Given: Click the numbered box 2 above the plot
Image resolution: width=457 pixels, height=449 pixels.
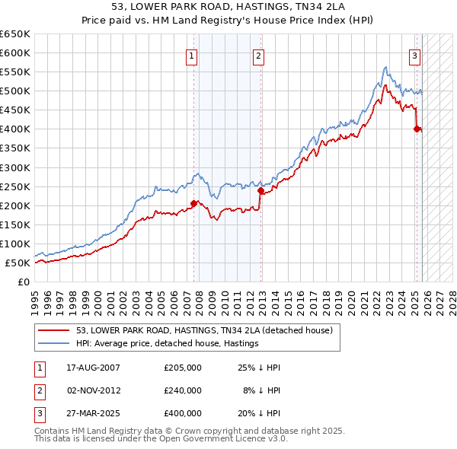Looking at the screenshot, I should click(x=259, y=55).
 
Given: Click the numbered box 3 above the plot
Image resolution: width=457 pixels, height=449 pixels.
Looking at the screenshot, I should click(x=415, y=55).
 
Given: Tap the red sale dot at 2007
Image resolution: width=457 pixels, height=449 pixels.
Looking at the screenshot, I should click(x=193, y=203).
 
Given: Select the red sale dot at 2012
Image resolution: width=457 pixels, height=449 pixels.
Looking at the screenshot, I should click(x=260, y=190).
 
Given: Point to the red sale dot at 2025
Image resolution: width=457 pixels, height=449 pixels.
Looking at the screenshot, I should click(x=417, y=129).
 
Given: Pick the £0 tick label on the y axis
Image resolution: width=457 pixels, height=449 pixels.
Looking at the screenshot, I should click(x=24, y=282).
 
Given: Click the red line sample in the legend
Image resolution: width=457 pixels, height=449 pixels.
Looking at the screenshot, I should click(x=55, y=331).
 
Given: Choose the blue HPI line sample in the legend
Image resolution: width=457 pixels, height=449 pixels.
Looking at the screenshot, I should click(x=55, y=343).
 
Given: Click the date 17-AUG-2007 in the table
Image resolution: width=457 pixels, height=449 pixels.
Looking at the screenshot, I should click(x=94, y=368).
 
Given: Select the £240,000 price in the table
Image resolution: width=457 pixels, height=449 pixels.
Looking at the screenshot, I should click(x=183, y=390).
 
